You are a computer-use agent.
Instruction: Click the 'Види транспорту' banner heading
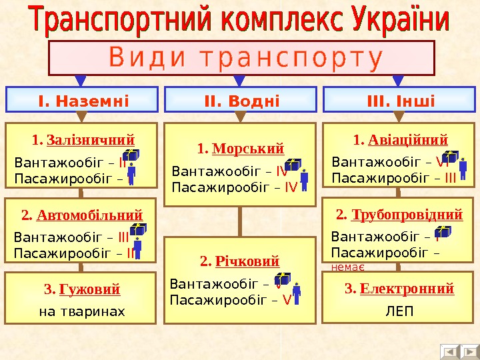coord(243,58)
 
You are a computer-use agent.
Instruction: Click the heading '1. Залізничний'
coord(83,140)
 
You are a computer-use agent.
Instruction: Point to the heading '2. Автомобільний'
coord(83,215)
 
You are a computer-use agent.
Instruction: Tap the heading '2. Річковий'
coord(239,260)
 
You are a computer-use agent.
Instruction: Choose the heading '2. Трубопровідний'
coord(399,215)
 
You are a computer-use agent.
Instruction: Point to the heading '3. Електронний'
coord(399,289)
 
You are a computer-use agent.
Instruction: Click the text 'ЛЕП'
coord(399,311)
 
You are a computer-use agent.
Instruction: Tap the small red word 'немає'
coord(347,267)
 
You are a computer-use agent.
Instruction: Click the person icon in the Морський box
coord(304,181)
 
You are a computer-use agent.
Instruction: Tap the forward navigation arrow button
coord(469,351)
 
